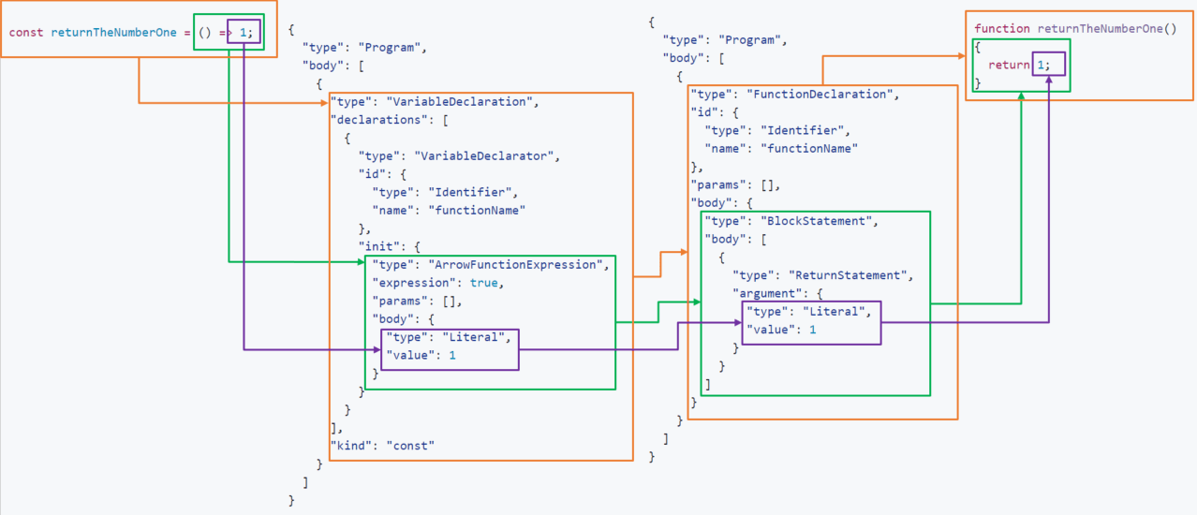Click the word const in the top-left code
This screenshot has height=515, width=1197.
tap(24, 33)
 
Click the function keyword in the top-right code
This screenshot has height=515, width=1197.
tap(1002, 29)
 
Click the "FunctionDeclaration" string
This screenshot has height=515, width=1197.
tap(824, 95)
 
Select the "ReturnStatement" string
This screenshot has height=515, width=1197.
tap(851, 275)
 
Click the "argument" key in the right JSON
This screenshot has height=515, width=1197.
tap(768, 294)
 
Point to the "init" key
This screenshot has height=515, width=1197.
tap(379, 247)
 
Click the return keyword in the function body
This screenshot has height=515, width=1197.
tap(1009, 65)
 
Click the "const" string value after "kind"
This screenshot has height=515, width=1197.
tap(410, 446)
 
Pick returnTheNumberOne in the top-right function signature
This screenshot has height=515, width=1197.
tap(1101, 29)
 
